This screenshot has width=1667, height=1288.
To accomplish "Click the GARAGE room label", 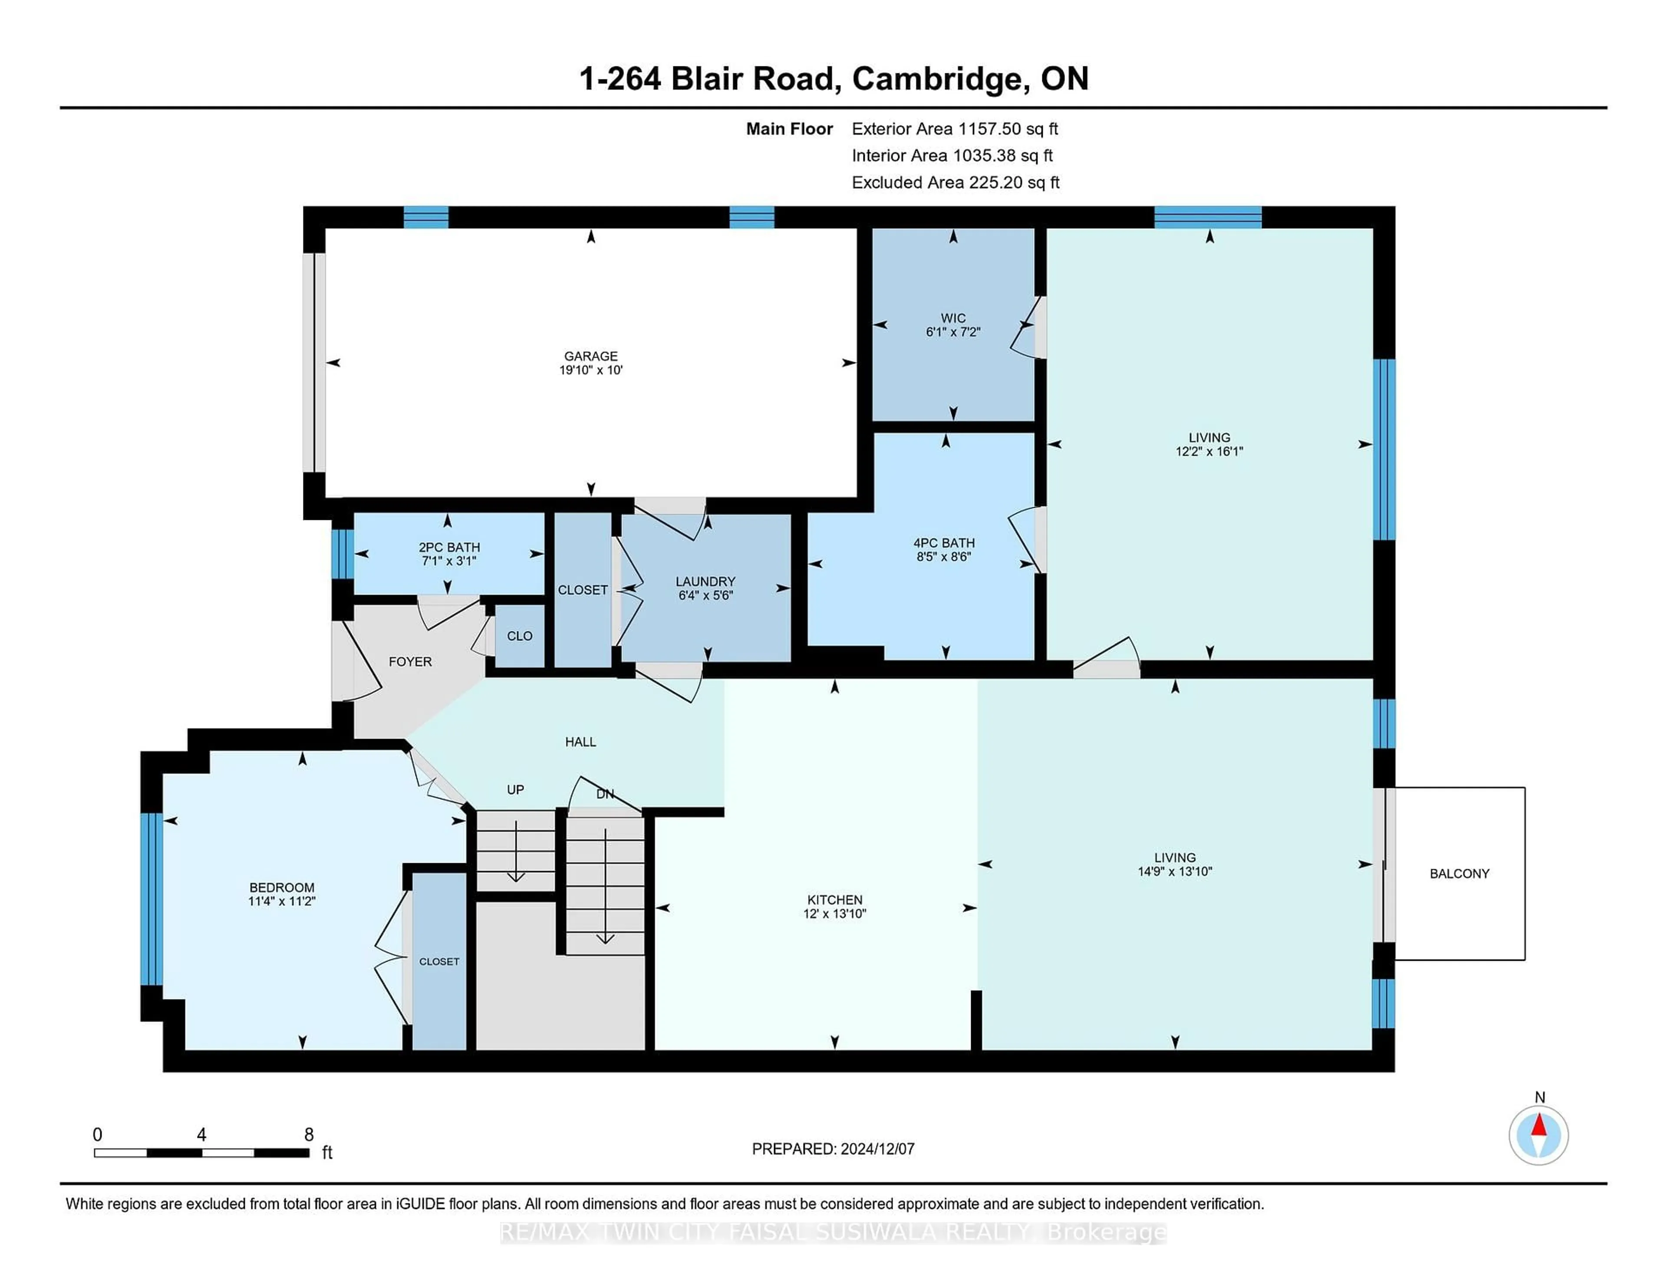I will point(591,355).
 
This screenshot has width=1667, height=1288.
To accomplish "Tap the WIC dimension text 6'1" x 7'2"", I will point(952,332).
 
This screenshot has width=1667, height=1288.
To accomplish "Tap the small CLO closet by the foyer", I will point(520,636).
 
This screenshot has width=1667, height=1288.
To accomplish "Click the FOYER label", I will point(410,661).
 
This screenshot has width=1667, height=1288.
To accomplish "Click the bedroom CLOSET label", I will point(439,961).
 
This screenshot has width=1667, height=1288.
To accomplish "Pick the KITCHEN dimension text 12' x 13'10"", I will point(834,913).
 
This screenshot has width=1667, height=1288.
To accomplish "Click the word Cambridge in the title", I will point(936,79).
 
